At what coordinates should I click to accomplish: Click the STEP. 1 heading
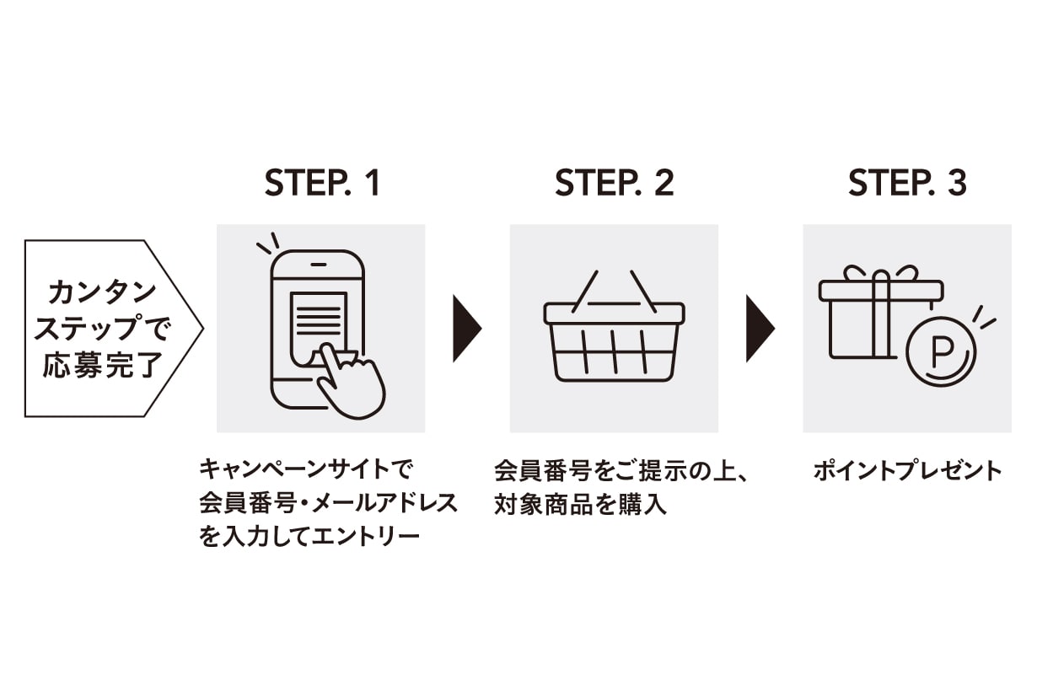(322, 184)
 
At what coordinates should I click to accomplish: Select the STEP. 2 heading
(615, 184)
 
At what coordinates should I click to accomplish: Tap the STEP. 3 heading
(907, 184)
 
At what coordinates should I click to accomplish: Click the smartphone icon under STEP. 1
(317, 324)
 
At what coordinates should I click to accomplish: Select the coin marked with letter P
(940, 351)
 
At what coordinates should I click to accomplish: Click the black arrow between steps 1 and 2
(466, 328)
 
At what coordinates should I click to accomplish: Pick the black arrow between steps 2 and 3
(760, 328)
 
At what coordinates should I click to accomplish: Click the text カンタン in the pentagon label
(103, 293)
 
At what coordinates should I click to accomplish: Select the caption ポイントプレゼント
(907, 470)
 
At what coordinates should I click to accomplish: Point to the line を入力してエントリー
(309, 537)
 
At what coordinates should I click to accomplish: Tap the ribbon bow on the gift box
(881, 275)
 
